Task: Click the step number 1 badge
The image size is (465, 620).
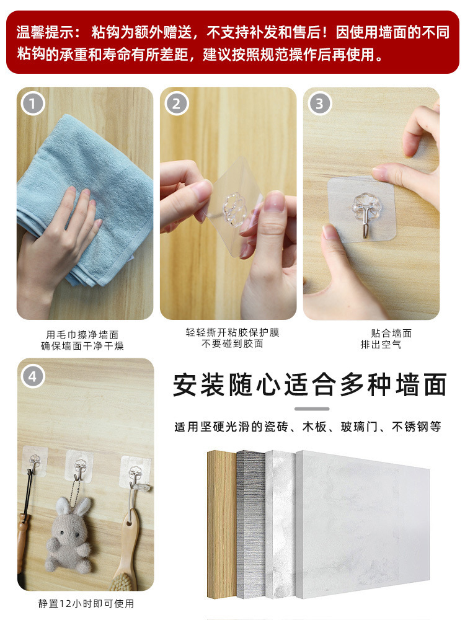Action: click(33, 104)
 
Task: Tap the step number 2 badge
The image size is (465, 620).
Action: click(176, 104)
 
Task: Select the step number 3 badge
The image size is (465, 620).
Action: click(319, 104)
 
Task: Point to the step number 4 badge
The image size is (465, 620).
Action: click(33, 376)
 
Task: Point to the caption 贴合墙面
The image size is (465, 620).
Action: click(391, 333)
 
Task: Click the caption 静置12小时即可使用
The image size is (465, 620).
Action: click(86, 603)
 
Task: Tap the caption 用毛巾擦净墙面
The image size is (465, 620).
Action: click(82, 335)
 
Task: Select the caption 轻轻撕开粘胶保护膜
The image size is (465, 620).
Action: click(232, 332)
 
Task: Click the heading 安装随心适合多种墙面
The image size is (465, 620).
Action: click(311, 384)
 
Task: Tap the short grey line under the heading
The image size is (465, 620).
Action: click(312, 409)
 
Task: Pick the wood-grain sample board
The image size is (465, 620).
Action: click(222, 525)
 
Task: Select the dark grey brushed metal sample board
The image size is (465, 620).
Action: click(251, 525)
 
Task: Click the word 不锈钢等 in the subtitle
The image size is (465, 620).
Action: click(417, 427)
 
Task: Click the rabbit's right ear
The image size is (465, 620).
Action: click(82, 506)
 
